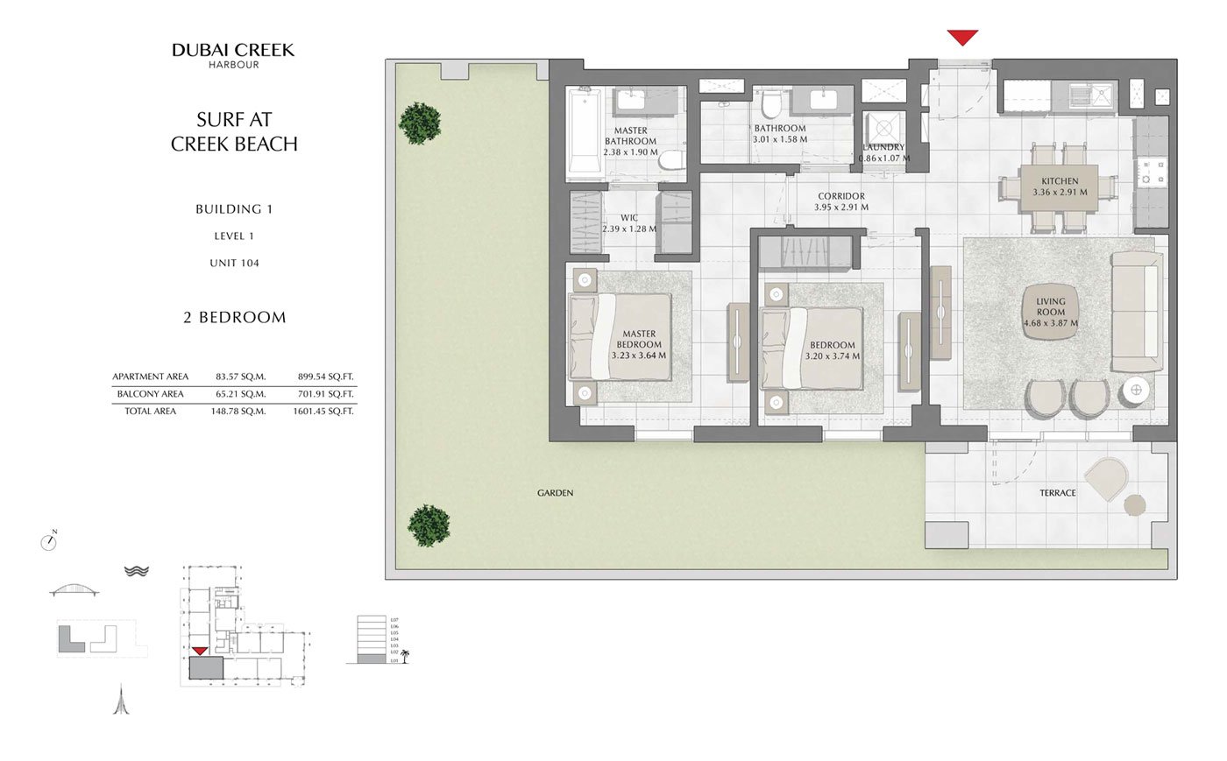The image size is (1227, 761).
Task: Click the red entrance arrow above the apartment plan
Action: pyautogui.click(x=962, y=38)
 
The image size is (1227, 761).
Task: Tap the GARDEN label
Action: pyautogui.click(x=555, y=493)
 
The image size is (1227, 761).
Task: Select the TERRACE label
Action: pyautogui.click(x=1057, y=493)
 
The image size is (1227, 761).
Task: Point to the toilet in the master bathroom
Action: pyautogui.click(x=670, y=160)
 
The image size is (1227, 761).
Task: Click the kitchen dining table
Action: pyautogui.click(x=1060, y=187)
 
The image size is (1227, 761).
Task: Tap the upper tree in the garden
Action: pyautogui.click(x=420, y=123)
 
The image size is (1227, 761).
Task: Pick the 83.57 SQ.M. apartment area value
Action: pyautogui.click(x=240, y=377)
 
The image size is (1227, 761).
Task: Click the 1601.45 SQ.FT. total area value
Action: pyautogui.click(x=323, y=411)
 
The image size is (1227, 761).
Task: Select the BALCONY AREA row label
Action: pyautogui.click(x=150, y=394)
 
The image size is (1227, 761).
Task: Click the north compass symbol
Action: pyautogui.click(x=49, y=542)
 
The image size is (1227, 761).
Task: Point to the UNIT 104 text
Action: pyautogui.click(x=234, y=263)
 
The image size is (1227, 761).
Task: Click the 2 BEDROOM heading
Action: pyautogui.click(x=234, y=317)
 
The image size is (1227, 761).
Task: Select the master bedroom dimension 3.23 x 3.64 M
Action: pyautogui.click(x=638, y=356)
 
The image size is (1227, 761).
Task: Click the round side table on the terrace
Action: pyautogui.click(x=1134, y=505)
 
